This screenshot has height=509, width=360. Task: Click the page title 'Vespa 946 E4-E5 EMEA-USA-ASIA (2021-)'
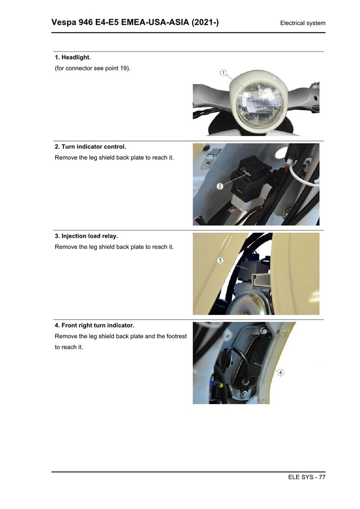click(x=135, y=22)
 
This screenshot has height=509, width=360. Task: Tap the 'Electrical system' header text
click(x=303, y=23)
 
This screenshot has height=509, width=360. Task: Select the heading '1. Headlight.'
click(x=73, y=57)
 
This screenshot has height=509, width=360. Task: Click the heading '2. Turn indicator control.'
click(x=90, y=147)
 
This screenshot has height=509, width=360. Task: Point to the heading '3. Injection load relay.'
click(x=86, y=236)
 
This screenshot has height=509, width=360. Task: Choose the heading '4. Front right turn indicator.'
click(x=95, y=325)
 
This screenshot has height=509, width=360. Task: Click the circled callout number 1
click(x=223, y=73)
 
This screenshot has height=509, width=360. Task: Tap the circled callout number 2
click(x=220, y=186)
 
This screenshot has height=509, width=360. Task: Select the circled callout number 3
click(x=220, y=261)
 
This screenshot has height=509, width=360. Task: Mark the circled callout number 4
click(x=280, y=372)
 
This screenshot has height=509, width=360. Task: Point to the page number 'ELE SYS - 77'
click(x=307, y=477)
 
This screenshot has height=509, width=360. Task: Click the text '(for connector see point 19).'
click(x=93, y=68)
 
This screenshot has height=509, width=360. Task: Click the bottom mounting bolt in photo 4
click(x=245, y=395)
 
